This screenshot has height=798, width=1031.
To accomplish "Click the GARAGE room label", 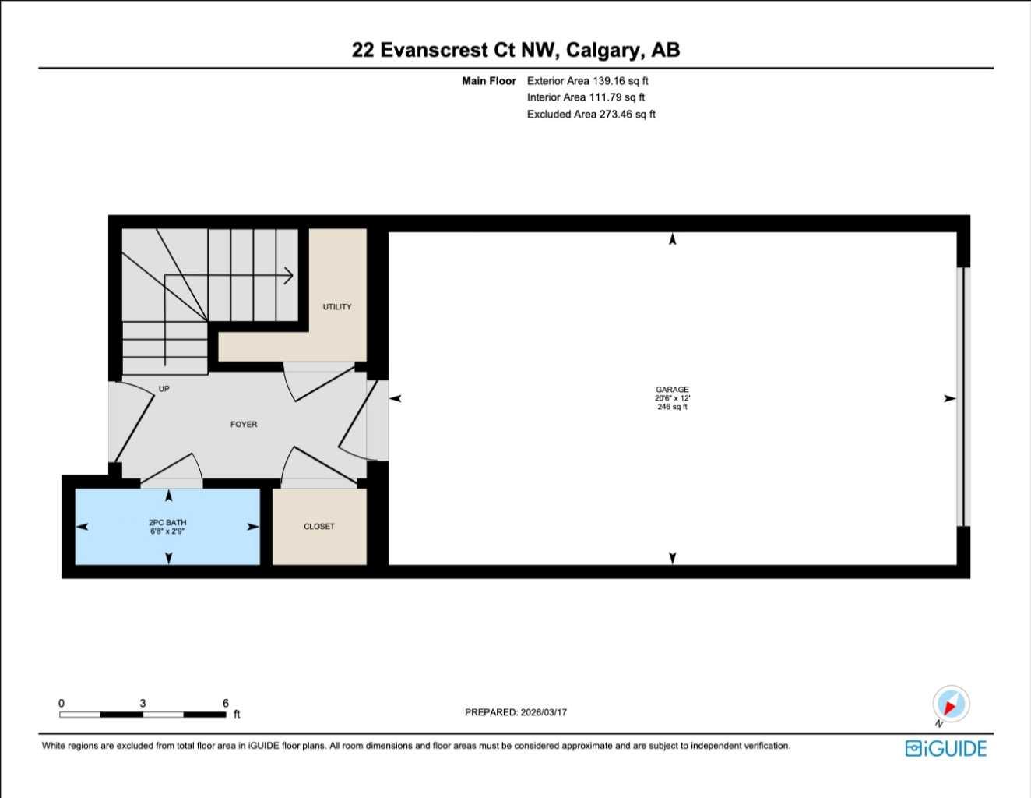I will point(671,390).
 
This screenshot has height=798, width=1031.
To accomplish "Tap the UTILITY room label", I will point(337,307).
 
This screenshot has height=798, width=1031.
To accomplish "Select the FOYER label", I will point(244,425).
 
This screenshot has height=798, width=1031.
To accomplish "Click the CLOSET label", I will point(319,527).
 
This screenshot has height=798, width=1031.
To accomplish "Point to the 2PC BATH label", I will point(167,523).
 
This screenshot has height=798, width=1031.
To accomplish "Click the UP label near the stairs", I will point(164,389).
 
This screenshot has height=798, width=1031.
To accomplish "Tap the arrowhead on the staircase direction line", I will point(288,275).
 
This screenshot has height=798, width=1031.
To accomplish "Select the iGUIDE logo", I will point(945,748).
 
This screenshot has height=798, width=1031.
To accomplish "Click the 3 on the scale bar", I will point(143,703).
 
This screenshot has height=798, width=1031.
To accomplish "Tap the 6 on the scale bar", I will point(226,703).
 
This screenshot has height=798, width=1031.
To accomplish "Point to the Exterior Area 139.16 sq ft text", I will point(587,81).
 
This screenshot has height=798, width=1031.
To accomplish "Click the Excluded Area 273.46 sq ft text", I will point(591,115).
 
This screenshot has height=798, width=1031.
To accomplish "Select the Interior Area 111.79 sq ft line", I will point(586,97).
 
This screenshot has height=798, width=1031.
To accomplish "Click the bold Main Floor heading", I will point(488,81).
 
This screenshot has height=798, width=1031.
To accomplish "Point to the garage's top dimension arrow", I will point(673,239).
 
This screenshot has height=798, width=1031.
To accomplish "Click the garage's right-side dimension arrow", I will point(949,399).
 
